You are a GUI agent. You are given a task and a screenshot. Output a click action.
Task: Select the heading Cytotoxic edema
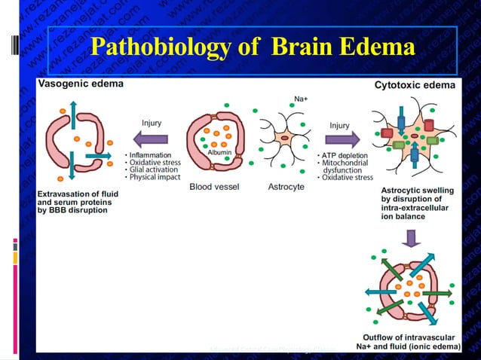tap(415, 85)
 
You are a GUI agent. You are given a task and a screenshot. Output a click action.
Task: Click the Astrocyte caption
tap(286, 187)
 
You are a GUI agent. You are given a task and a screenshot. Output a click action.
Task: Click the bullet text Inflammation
tap(152, 155)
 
